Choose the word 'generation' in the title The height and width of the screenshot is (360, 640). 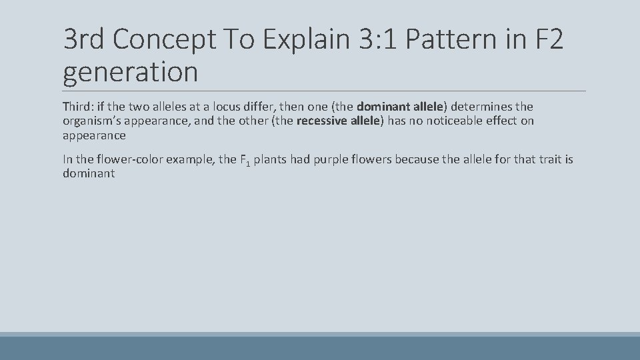[x=131, y=71]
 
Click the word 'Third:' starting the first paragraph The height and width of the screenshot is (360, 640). [x=79, y=107]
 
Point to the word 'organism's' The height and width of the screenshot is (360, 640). [x=91, y=121]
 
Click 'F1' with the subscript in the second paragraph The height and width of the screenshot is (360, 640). [x=244, y=160]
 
